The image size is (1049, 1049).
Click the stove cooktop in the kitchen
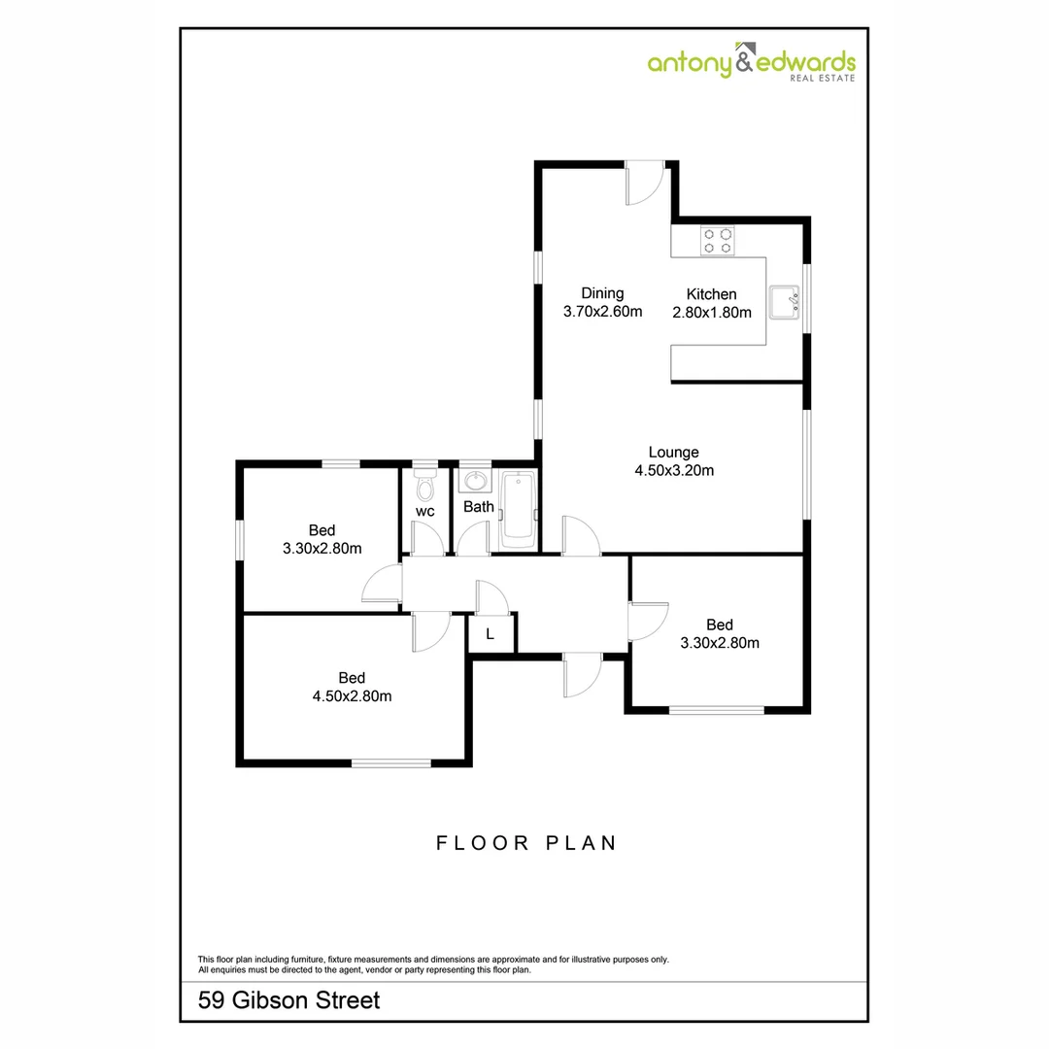point(719,240)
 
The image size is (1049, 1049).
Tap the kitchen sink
point(784,303)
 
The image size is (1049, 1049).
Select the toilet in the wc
point(425,484)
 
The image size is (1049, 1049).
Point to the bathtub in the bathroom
point(518,510)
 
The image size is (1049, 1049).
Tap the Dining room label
point(602,293)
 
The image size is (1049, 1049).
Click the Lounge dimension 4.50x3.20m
point(673,471)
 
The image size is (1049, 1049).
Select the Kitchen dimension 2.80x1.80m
point(712,313)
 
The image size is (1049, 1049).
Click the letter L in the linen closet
point(491,634)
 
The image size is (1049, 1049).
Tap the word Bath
point(478,507)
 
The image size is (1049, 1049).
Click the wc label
point(424,511)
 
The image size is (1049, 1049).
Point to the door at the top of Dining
point(642,184)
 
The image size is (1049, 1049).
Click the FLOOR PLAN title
point(526,843)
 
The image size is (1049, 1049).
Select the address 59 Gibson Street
point(288,999)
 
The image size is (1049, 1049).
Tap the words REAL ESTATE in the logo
point(822,79)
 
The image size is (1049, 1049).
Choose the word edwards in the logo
point(807,62)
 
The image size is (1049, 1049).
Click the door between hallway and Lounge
point(580,536)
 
